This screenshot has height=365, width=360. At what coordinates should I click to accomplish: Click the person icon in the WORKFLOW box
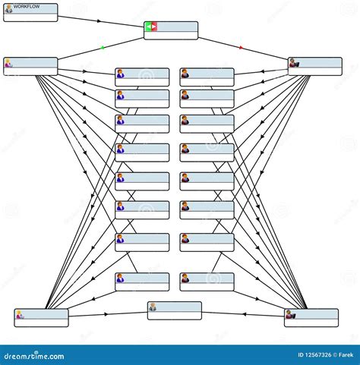(8, 10)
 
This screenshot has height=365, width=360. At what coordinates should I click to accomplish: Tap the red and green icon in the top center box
(151, 27)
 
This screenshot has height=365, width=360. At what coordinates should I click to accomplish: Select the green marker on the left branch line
(103, 48)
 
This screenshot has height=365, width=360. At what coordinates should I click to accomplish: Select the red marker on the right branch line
(242, 48)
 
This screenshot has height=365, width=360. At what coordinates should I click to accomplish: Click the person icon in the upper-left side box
(8, 63)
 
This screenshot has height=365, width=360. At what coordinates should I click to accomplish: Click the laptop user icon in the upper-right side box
(295, 63)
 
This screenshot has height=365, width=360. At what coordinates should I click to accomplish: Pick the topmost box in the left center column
(142, 77)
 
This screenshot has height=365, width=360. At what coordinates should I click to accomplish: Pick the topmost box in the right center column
(207, 77)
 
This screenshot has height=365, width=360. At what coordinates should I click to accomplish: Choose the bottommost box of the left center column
(142, 282)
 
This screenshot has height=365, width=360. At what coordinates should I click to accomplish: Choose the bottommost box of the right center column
(207, 282)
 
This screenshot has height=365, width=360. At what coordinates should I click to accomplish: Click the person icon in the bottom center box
(153, 307)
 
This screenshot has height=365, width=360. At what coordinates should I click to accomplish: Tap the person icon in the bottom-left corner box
(20, 314)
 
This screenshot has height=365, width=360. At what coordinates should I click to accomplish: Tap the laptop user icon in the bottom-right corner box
(290, 314)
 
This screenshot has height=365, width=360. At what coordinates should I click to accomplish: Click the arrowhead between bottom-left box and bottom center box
(106, 313)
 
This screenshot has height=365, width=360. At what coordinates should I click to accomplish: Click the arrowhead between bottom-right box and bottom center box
(244, 313)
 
